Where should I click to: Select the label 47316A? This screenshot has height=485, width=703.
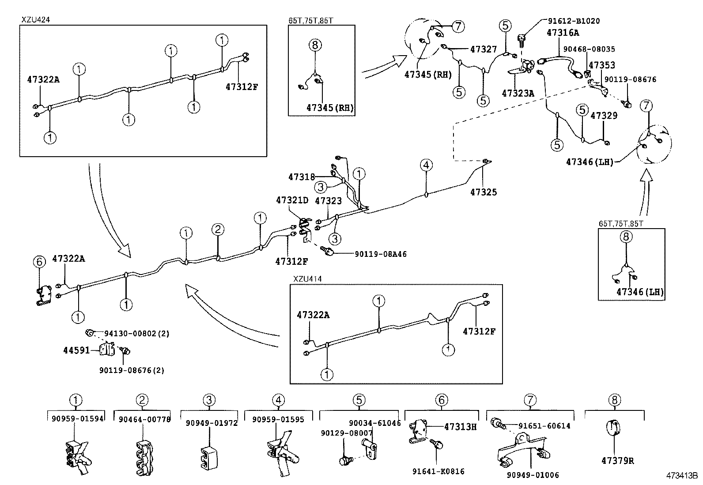pos(563,33)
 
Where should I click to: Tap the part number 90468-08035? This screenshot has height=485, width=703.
pos(587,49)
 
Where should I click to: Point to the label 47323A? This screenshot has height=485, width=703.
pos(518,94)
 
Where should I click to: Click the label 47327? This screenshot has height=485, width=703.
pos(484,49)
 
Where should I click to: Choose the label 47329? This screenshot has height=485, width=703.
pos(604,116)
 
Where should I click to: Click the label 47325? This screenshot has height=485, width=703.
pos(483,192)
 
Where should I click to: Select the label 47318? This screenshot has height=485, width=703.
pos(302,177)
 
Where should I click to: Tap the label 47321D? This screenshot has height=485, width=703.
pos(292,200)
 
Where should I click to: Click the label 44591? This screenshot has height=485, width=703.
pos(76,350)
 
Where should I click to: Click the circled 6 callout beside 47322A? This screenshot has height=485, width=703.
pos(39,262)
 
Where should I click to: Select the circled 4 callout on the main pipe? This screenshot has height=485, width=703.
pos(426,165)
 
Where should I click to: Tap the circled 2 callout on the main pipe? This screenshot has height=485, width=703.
pos(218,229)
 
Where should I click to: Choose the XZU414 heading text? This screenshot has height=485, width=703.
pos(307,279)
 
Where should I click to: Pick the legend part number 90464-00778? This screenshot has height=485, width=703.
pos(144,419)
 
